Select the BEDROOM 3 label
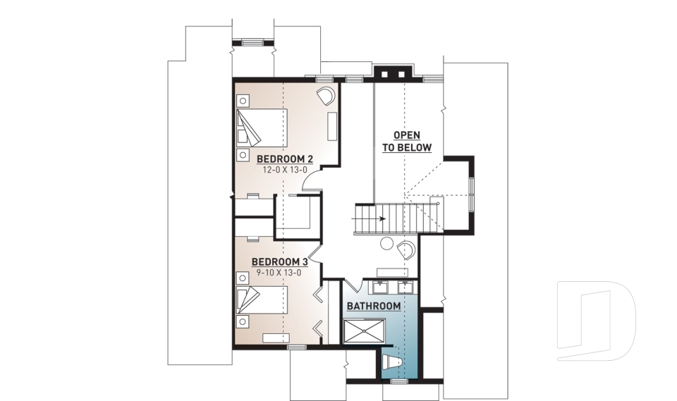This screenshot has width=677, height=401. (280, 261)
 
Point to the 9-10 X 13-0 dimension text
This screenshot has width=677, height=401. (280, 273)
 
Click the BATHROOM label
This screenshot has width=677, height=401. (373, 306)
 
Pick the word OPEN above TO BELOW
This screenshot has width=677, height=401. (407, 135)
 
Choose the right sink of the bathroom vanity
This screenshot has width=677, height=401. (405, 287)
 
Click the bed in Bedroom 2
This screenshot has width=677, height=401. (261, 128)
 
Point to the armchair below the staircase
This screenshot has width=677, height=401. (406, 250)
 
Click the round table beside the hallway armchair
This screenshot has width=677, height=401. (386, 245)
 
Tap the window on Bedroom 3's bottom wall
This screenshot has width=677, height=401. (297, 346)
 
